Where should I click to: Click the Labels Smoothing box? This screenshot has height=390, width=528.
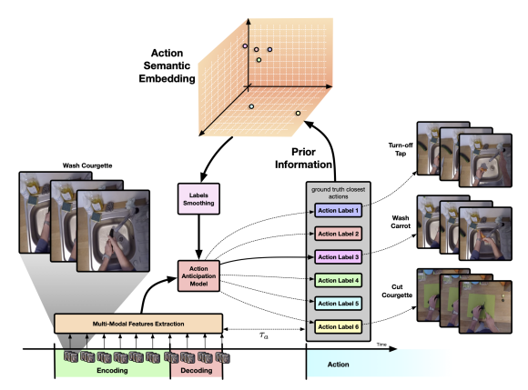(198, 199)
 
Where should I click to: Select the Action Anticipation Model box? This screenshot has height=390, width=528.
(198, 276)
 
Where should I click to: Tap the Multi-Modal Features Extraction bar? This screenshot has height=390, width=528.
(138, 324)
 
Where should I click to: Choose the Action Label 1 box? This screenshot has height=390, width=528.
(338, 211)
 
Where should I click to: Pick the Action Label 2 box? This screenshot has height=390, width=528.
(338, 234)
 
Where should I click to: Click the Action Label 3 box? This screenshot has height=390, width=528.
(338, 257)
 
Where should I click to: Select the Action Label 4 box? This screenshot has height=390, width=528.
(338, 280)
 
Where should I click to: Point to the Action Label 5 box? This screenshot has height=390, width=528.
(338, 304)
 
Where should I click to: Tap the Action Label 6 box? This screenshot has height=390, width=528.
(338, 326)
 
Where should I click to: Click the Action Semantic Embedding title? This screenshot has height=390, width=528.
(167, 65)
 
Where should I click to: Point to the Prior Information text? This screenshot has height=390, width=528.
(303, 158)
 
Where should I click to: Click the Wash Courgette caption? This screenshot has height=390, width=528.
(87, 165)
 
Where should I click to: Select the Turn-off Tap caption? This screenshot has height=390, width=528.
(401, 149)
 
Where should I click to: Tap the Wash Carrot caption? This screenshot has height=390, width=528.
(401, 222)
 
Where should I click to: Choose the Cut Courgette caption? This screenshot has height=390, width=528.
(397, 291)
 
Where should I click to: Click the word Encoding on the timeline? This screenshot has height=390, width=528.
(112, 371)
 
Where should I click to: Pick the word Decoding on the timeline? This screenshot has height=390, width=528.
(197, 371)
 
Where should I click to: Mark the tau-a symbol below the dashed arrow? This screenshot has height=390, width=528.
(264, 335)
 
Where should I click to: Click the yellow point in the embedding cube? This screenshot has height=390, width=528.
(298, 114)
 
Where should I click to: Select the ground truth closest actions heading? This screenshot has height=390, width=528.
(338, 193)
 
